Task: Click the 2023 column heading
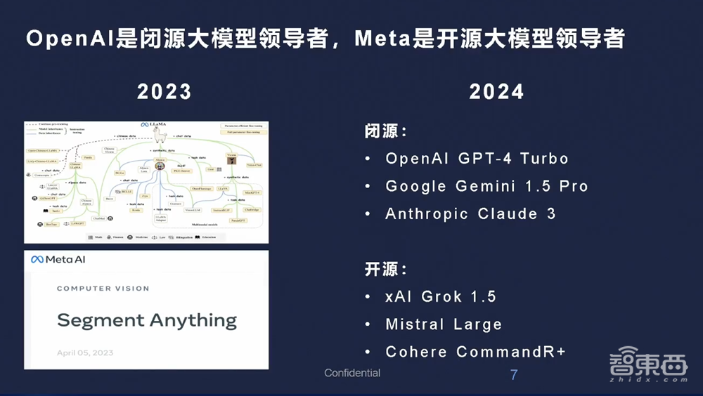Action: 164,92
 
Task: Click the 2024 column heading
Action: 496,92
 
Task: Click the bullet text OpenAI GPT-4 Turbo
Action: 477,159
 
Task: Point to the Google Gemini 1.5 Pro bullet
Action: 486,186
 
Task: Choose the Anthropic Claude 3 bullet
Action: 470,214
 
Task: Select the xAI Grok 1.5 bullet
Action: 441,296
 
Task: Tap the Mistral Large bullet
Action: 444,324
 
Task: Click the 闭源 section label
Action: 385,132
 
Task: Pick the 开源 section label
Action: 385,270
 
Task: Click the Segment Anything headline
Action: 147,320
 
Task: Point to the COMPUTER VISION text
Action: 103,289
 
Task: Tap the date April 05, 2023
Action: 85,352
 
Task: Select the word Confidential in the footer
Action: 352,373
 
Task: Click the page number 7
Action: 514,375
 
